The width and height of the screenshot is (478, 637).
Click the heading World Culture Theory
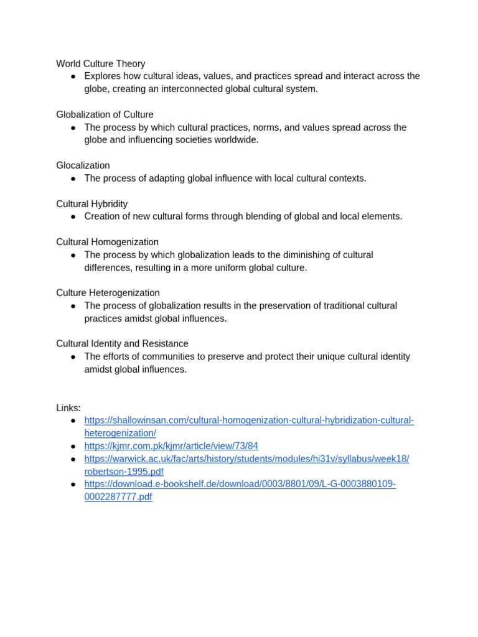point(100,63)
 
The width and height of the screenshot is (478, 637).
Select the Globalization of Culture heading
point(105,114)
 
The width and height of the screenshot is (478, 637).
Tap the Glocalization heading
point(83,165)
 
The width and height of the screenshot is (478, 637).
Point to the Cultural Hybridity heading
point(91,204)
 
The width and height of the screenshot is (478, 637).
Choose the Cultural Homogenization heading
point(107,242)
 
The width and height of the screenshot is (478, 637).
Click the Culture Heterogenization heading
point(108,293)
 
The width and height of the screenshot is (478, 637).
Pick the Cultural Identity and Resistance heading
point(122,343)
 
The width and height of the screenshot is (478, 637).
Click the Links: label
point(68,408)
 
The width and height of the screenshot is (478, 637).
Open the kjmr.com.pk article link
point(171,446)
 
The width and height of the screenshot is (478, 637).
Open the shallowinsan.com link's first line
point(249,421)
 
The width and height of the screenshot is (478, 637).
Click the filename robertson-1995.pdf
point(124,472)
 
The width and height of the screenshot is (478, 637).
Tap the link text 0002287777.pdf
point(118,497)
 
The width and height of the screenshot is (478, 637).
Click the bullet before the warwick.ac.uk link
point(73,459)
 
